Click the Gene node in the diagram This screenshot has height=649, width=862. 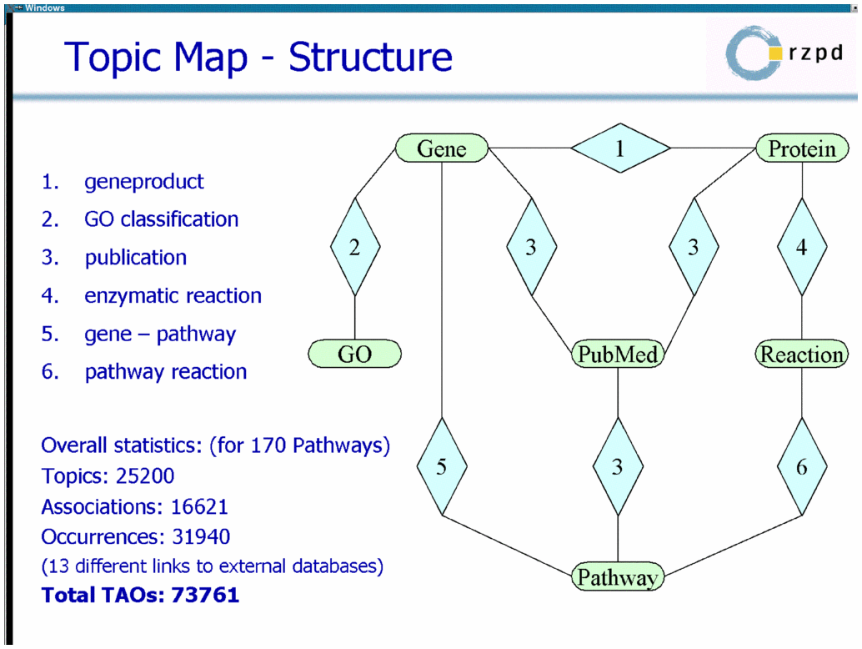tap(442, 148)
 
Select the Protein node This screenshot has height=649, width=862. tap(802, 148)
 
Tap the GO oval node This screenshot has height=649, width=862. tap(354, 354)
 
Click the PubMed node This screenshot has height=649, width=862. tap(618, 354)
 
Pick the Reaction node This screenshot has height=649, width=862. tap(802, 354)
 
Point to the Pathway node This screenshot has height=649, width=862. tap(618, 576)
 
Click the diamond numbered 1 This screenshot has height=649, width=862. tap(620, 148)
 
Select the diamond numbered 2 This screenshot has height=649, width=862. tap(355, 247)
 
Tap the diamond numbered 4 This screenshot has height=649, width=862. tap(802, 247)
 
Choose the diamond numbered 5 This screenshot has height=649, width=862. tap(442, 466)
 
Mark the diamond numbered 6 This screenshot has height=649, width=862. tap(802, 466)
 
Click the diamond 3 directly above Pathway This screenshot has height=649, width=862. tap(618, 466)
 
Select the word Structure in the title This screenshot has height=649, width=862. tap(370, 57)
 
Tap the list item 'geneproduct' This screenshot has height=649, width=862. tap(144, 182)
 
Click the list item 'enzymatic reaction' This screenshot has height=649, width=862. tap(173, 296)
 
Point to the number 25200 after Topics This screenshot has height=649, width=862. tap(145, 475)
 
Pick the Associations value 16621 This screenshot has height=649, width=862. tap(199, 506)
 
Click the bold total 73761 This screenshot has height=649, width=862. tap(205, 595)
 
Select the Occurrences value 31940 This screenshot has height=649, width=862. tap(201, 536)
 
